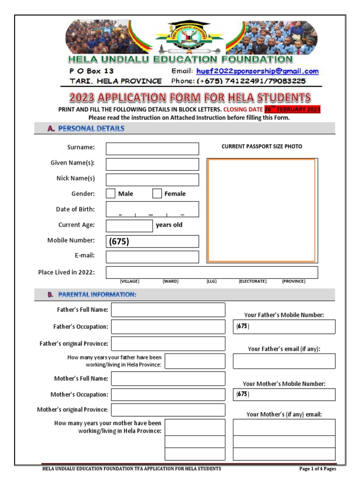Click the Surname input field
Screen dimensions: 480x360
click(152, 149)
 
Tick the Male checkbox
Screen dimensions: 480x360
click(111, 194)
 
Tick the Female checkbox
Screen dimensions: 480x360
click(157, 194)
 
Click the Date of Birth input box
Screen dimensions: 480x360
click(152, 209)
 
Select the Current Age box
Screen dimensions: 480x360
click(129, 225)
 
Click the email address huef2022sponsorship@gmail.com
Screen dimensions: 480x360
click(257, 71)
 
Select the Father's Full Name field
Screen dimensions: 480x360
click(168, 310)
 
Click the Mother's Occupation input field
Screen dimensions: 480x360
click(168, 395)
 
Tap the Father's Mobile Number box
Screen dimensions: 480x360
click(284, 327)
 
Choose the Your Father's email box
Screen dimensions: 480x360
click(284, 361)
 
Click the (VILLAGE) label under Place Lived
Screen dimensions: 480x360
click(129, 281)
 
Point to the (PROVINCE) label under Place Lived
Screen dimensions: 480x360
click(293, 281)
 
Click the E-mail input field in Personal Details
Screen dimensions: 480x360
click(152, 257)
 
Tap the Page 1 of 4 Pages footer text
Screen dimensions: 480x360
click(317, 469)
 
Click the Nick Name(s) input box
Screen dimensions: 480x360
click(152, 180)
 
